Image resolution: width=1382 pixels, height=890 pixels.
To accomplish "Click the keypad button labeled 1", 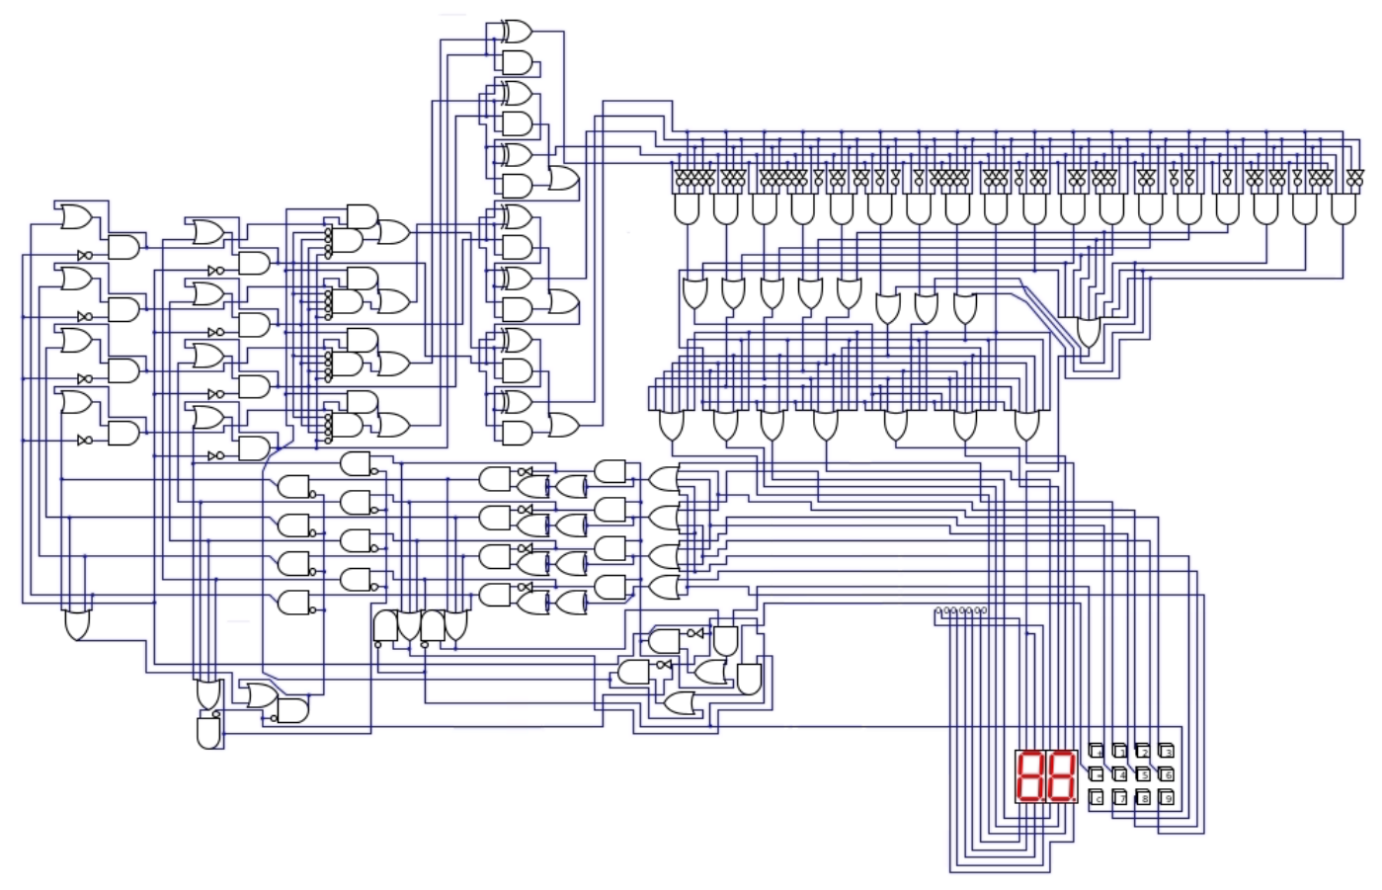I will pos(1119,752).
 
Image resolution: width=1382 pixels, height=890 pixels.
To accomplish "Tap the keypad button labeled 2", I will pos(1143,752).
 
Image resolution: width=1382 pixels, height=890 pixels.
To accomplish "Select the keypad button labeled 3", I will pos(1167,752).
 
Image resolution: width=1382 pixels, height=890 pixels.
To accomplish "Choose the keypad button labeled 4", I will pos(1119,774).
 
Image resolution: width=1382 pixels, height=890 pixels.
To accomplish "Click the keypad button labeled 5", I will pos(1143,774).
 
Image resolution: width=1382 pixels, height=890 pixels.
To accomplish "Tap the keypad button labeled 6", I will pos(1167,774).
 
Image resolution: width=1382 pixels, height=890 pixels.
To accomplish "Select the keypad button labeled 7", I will pos(1119,798).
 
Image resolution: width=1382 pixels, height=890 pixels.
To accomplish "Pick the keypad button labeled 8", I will pos(1143,798).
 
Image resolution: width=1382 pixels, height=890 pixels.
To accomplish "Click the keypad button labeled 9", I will pos(1167,798).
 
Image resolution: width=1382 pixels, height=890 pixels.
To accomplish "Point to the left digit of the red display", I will pos(1030,776).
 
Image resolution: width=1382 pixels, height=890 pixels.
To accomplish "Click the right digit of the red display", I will pos(1060,776).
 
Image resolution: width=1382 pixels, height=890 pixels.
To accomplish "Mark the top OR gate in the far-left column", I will pos(76,216).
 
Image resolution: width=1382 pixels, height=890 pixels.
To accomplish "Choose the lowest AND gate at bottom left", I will pos(208,733).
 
